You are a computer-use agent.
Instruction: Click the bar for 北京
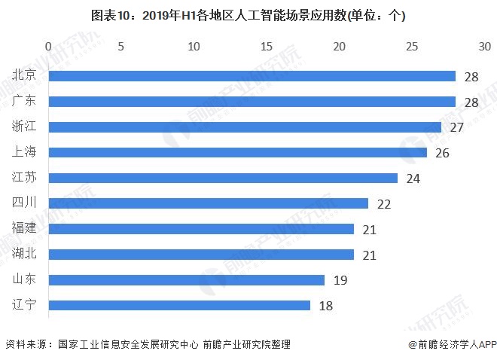click(x=252, y=76)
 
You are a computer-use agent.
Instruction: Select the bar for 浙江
click(x=245, y=127)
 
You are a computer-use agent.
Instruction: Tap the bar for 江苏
click(x=223, y=178)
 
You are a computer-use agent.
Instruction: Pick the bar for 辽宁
click(x=179, y=305)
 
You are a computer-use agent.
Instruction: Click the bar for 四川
click(x=209, y=203)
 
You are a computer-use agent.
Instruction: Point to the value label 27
click(x=456, y=127)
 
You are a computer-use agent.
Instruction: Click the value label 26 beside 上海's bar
click(x=442, y=153)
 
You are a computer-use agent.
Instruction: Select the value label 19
click(x=340, y=280)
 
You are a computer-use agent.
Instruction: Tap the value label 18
click(x=325, y=306)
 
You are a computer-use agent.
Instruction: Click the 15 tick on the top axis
click(x=267, y=47)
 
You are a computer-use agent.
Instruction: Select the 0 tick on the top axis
click(x=49, y=47)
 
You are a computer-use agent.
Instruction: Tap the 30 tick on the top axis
click(x=484, y=47)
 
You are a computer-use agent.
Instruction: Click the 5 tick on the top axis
click(x=121, y=47)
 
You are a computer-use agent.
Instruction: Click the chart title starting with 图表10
click(x=248, y=16)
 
